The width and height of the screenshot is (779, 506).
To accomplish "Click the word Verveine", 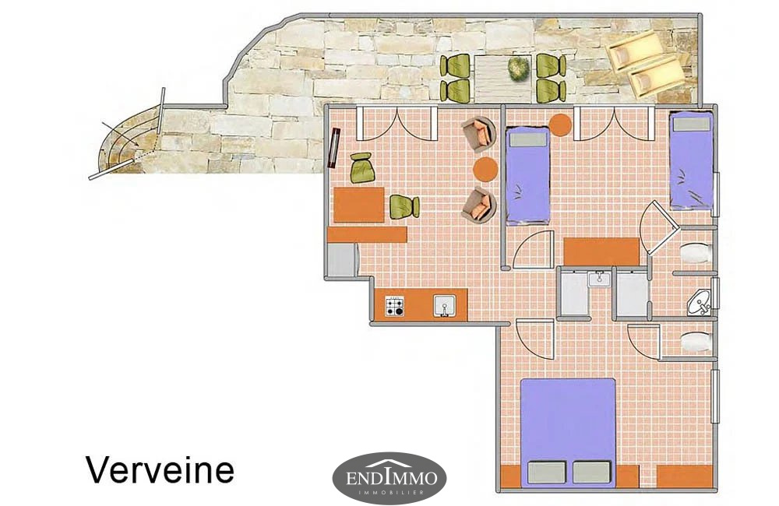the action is [x=160, y=469].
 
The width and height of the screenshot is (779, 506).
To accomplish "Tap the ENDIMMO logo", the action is [x=389, y=478].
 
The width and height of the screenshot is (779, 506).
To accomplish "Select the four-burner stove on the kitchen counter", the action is [x=395, y=307].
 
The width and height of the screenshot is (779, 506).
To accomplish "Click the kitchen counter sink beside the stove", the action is [x=445, y=306].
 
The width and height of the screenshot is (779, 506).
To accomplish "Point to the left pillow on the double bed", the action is [x=546, y=473].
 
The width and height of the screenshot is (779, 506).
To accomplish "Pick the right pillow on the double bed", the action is [x=591, y=473].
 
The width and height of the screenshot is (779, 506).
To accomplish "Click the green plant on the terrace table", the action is [x=518, y=69].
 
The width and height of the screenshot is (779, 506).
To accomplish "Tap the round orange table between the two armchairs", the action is [x=485, y=170].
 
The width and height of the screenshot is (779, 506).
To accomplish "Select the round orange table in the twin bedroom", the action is [x=560, y=125].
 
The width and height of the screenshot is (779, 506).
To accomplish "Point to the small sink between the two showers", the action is [x=599, y=278].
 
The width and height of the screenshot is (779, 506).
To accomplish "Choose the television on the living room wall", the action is [x=335, y=147].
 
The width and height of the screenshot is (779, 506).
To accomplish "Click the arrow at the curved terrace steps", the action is [x=118, y=133].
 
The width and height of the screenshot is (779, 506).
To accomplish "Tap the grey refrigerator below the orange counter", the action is [x=342, y=260].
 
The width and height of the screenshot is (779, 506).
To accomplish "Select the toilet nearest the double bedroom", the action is [x=696, y=342].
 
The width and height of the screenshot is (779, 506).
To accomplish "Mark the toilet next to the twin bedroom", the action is [x=696, y=253].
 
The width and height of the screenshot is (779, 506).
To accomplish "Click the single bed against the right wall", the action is [x=691, y=160].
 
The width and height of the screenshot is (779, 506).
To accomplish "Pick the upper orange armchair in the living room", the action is [x=479, y=134].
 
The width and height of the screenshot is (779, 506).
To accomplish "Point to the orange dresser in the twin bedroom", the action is [x=601, y=251].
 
